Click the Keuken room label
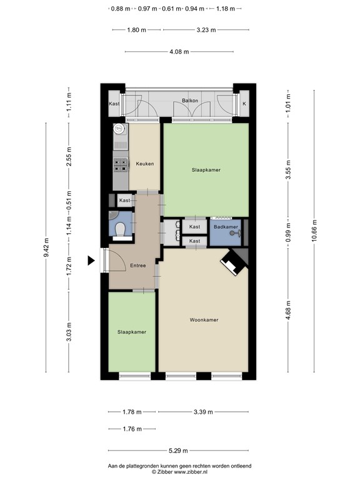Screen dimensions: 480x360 pyautogui.click(x=145, y=164)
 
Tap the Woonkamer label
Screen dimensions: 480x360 pyautogui.click(x=204, y=320)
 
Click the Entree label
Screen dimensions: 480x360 pyautogui.click(x=138, y=266)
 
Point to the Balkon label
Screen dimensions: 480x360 pyautogui.click(x=190, y=100)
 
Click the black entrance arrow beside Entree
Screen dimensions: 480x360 pyautogui.click(x=91, y=261)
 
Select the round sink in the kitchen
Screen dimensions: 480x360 pyautogui.click(x=119, y=129)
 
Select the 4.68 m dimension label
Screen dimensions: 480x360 pyautogui.click(x=288, y=311)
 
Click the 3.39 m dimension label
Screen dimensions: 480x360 pyautogui.click(x=203, y=412)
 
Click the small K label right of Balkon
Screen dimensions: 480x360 pyautogui.click(x=244, y=104)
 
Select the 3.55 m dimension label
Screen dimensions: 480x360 pyautogui.click(x=288, y=169)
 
